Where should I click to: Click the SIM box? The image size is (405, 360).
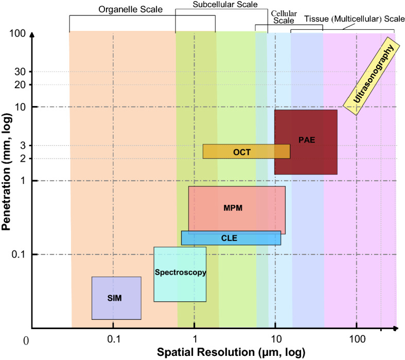pyautogui.click(x=116, y=298)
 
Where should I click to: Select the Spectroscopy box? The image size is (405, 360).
pyautogui.click(x=180, y=274)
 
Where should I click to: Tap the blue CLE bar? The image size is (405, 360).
pyautogui.click(x=231, y=238)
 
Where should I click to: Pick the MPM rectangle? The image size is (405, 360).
pyautogui.click(x=236, y=209)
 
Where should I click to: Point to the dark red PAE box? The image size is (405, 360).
pyautogui.click(x=306, y=142)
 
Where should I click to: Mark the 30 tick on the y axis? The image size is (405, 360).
pyautogui.click(x=20, y=72)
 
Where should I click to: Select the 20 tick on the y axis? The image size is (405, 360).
pyautogui.click(x=20, y=84)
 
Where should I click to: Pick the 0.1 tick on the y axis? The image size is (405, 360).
pyautogui.click(x=18, y=254)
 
